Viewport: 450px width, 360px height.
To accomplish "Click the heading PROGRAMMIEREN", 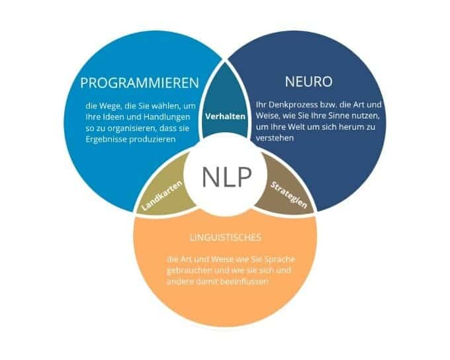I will [x=139, y=83].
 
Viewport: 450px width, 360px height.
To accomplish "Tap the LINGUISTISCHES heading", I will [x=222, y=236].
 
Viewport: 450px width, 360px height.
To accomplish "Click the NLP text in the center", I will [x=226, y=177].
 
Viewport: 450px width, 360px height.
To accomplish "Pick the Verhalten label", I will [x=226, y=116].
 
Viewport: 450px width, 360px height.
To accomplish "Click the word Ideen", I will [x=116, y=116].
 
